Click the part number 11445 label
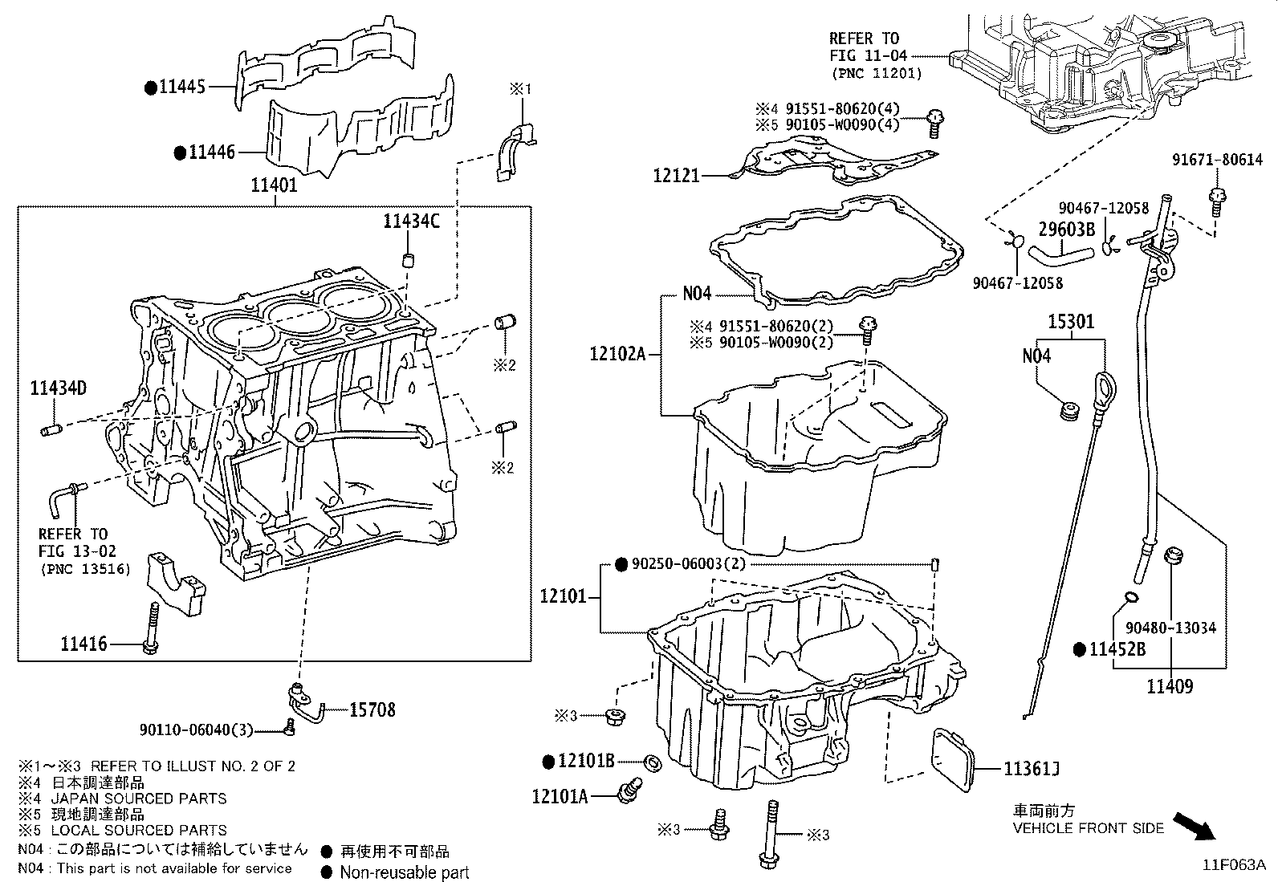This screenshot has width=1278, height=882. (182, 87)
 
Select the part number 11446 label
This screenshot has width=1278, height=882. (212, 152)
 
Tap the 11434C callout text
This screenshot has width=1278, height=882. (411, 222)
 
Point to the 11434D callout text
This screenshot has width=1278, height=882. (58, 389)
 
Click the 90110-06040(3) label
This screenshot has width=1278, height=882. (195, 730)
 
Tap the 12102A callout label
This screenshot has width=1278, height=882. (617, 354)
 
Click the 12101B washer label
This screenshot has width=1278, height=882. (586, 760)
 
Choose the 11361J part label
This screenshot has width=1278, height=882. (1032, 770)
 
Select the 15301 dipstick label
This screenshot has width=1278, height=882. (1071, 322)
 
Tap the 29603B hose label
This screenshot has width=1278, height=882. (1067, 230)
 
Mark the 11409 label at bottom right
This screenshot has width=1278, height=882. (1169, 686)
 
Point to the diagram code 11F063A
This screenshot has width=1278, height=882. (1233, 865)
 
